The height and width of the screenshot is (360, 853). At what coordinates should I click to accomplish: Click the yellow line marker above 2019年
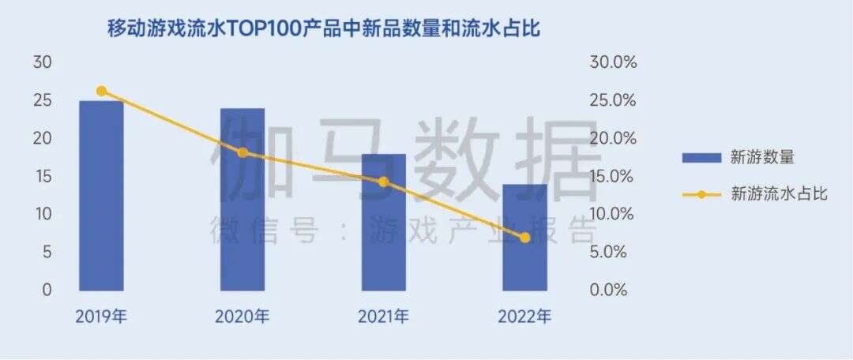click(x=101, y=92)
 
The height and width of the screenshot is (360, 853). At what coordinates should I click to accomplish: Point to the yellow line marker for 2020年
click(x=242, y=152)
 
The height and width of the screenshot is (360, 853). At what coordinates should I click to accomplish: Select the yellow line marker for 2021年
click(x=384, y=182)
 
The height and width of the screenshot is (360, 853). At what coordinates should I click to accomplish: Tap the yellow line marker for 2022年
click(x=525, y=238)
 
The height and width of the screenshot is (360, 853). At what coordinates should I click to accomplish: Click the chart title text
click(x=323, y=29)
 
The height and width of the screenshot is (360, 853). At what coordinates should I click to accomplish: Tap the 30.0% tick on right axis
click(x=613, y=62)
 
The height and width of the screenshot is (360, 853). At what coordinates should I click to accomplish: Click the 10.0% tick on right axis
click(x=613, y=214)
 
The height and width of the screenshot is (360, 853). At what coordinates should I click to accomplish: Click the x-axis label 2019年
click(x=101, y=317)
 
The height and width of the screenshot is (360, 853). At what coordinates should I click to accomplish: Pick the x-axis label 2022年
click(x=525, y=317)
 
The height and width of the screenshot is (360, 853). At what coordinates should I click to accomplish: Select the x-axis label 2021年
click(x=384, y=317)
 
